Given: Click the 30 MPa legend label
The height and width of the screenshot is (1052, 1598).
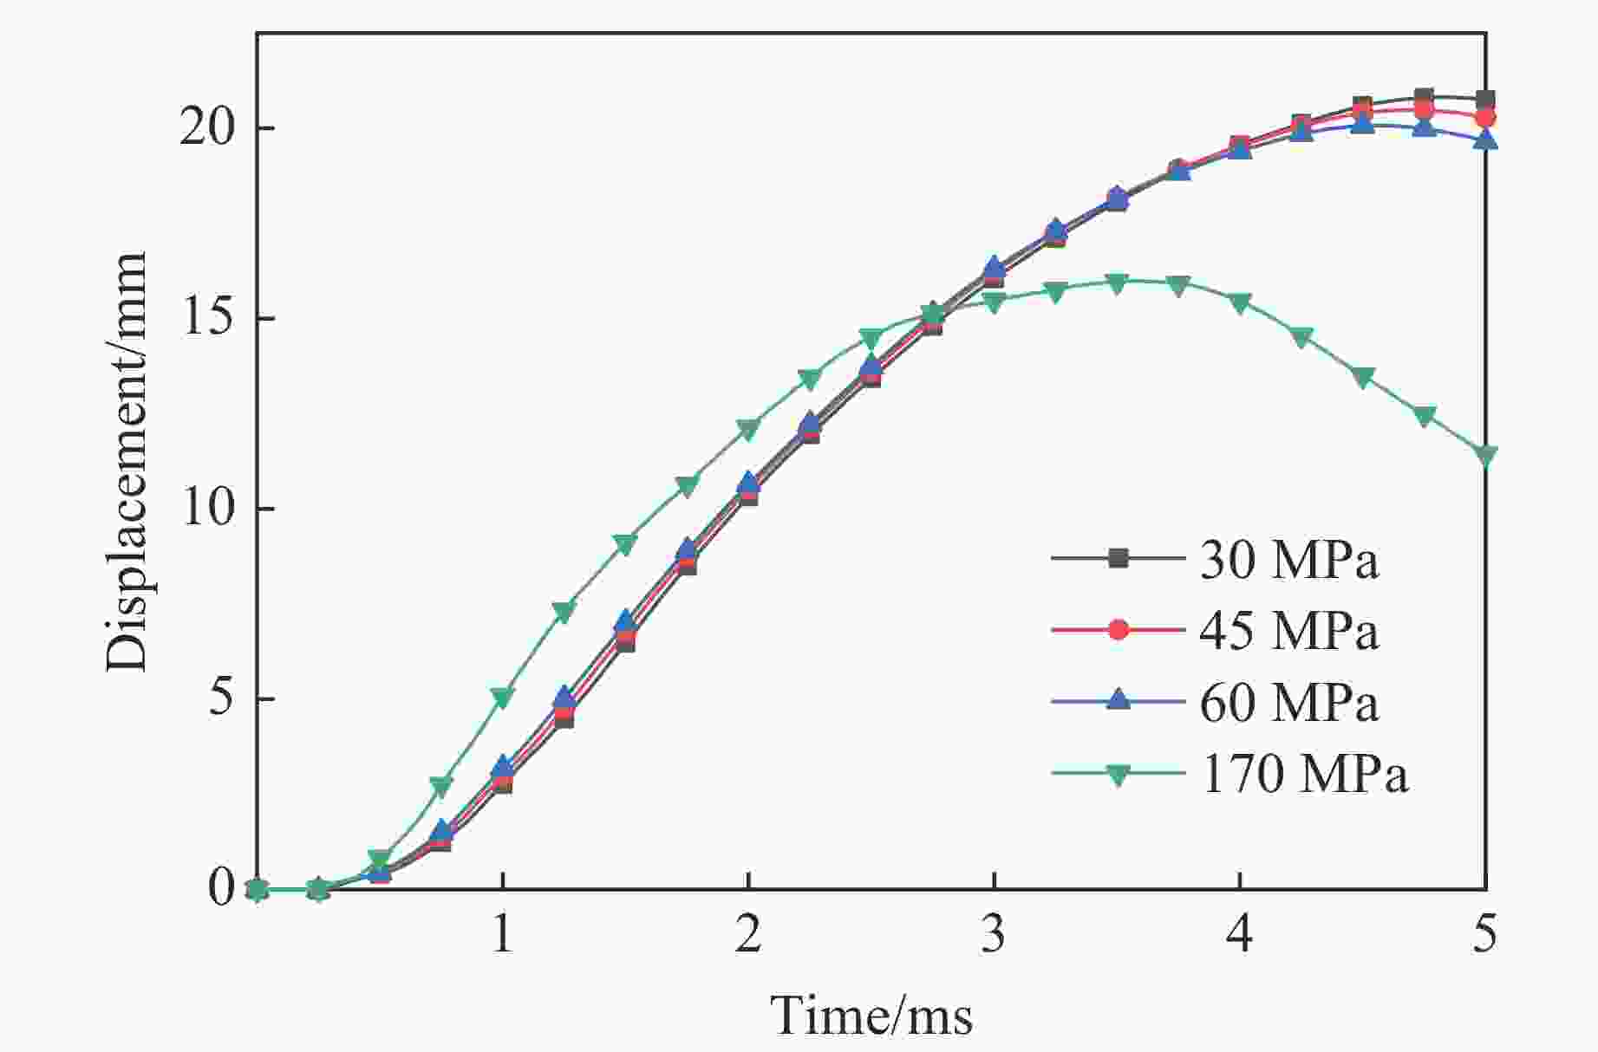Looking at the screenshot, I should tap(1288, 561).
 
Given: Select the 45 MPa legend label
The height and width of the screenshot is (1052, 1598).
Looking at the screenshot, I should tap(1288, 631).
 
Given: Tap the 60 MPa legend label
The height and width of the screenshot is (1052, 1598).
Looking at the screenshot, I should tap(1288, 702).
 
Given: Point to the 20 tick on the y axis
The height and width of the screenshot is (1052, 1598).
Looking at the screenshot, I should tap(208, 128).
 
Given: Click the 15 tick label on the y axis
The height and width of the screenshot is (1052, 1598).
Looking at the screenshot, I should tap(208, 318).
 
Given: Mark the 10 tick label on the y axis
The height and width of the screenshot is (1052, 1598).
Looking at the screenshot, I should tap(208, 509).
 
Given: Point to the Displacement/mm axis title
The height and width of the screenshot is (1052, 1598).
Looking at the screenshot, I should tap(127, 462).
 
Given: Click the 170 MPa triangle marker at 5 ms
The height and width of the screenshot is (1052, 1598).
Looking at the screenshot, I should tap(1485, 455).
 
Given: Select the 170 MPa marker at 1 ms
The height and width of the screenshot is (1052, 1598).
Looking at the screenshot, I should tap(502, 696).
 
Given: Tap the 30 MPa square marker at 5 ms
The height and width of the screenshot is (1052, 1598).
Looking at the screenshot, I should tap(1485, 99).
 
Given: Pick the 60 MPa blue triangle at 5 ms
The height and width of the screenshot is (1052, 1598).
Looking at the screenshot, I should tap(1485, 139).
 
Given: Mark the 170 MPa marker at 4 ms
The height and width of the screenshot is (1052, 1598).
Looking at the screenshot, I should tap(1240, 302).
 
